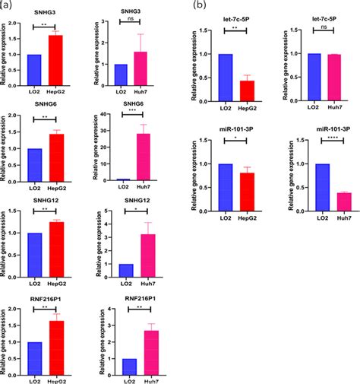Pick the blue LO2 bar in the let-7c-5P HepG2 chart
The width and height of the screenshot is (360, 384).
(x=224, y=83)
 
